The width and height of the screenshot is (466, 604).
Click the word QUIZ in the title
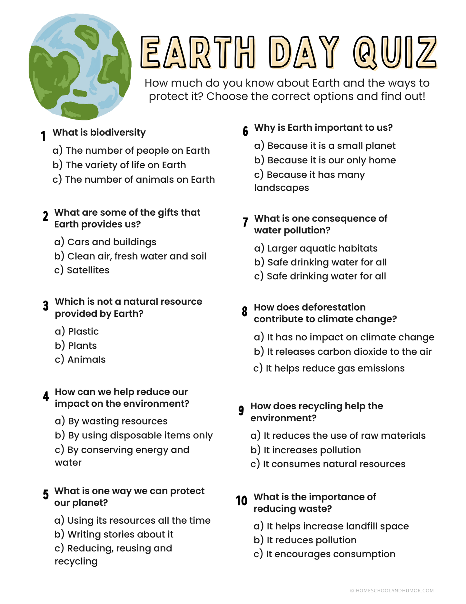[395, 52]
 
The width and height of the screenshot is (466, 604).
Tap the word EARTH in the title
[198, 52]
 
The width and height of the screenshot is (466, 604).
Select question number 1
[43, 136]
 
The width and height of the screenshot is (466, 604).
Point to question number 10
[241, 500]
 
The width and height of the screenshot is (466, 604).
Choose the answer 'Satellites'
[88, 270]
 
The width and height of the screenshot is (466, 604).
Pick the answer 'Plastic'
[83, 331]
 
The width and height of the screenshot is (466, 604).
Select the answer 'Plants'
[82, 345]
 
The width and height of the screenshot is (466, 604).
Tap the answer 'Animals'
[86, 359]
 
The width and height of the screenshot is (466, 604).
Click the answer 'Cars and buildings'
[112, 242]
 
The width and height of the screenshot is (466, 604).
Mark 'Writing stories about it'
[120, 534]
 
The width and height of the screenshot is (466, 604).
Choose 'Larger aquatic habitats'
[322, 248]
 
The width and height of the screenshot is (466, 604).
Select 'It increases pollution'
[312, 450]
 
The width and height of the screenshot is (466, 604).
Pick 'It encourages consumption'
[330, 554]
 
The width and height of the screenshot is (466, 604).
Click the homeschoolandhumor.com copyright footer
[392, 590]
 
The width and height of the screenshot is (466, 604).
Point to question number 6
[245, 131]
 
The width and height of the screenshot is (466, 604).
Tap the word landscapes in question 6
[282, 188]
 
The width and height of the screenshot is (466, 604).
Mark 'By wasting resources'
[117, 421]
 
